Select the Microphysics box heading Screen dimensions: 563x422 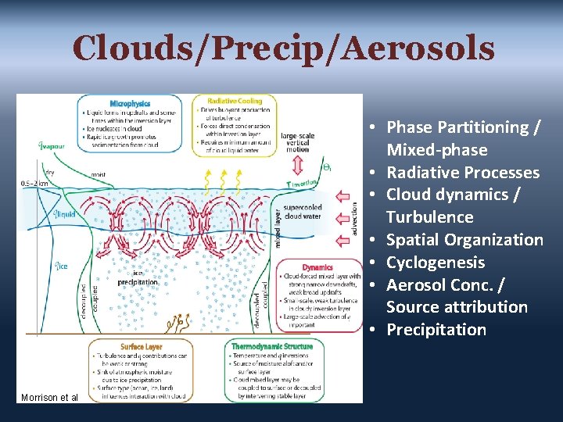pyautogui.click(x=130, y=103)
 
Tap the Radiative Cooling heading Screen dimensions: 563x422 pyautogui.click(x=235, y=101)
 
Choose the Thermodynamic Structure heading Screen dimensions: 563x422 pyautogui.click(x=272, y=346)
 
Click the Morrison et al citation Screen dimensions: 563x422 pyautogui.click(x=50, y=397)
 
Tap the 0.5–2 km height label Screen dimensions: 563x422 pyautogui.click(x=34, y=183)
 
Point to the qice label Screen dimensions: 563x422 pyautogui.click(x=59, y=266)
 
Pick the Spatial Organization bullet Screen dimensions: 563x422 pyautogui.click(x=464, y=240)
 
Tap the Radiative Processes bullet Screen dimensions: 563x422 pyautogui.click(x=463, y=173)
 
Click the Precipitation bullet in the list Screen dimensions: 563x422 pyautogui.click(x=436, y=330)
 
